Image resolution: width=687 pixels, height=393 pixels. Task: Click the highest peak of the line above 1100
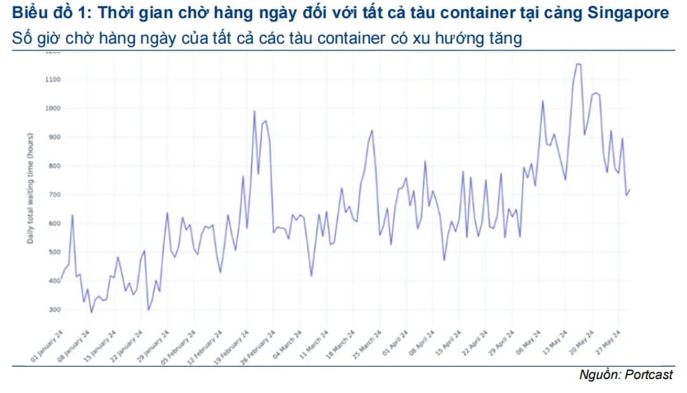[x=577, y=64]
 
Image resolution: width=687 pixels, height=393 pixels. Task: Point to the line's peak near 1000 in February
[x=254, y=111]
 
